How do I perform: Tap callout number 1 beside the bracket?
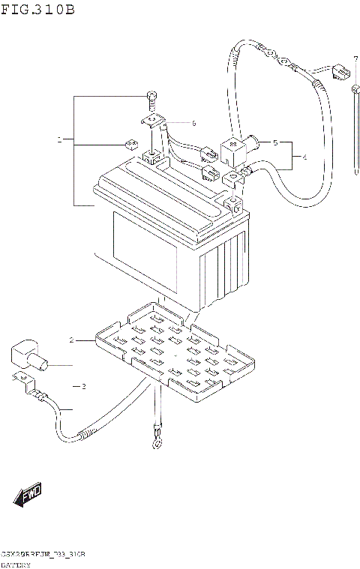click(x=60, y=140)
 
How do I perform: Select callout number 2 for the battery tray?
click(x=73, y=340)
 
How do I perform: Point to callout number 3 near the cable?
click(x=84, y=386)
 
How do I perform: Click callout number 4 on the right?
click(x=304, y=157)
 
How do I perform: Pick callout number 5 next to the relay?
click(x=275, y=142)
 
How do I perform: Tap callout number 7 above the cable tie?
click(x=355, y=59)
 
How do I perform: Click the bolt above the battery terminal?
click(x=152, y=97)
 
